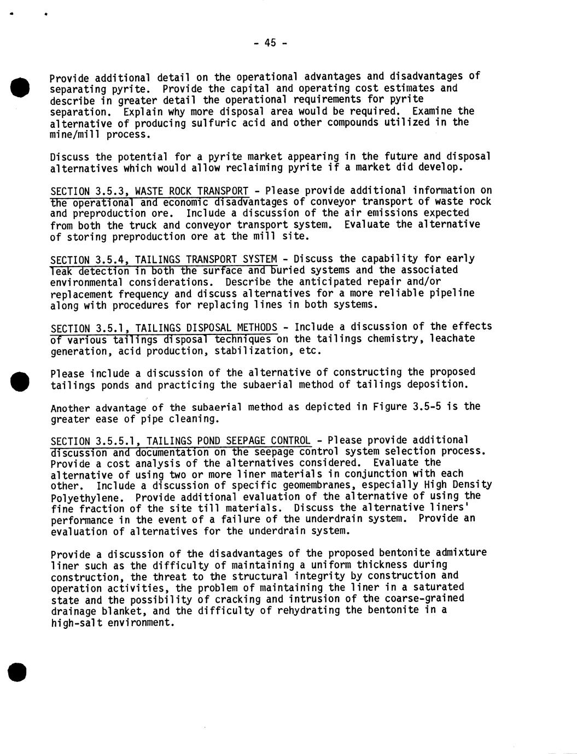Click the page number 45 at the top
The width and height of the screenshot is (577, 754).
point(270,43)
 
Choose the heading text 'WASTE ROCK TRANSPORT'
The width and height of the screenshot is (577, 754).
point(191,191)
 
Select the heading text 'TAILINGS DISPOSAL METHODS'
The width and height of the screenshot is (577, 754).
point(206,328)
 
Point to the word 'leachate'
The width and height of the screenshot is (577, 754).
point(452,339)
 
